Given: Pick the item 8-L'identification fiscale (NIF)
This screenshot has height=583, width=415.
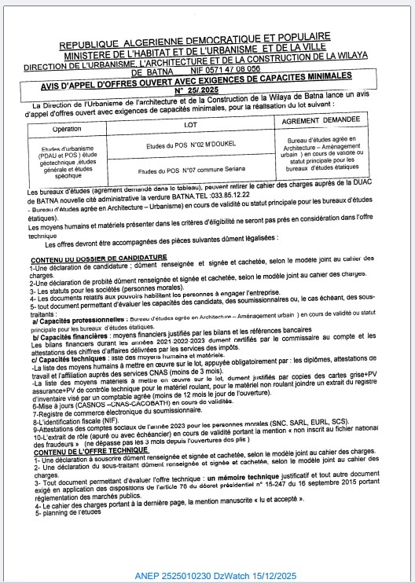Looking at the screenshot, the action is [79, 421].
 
